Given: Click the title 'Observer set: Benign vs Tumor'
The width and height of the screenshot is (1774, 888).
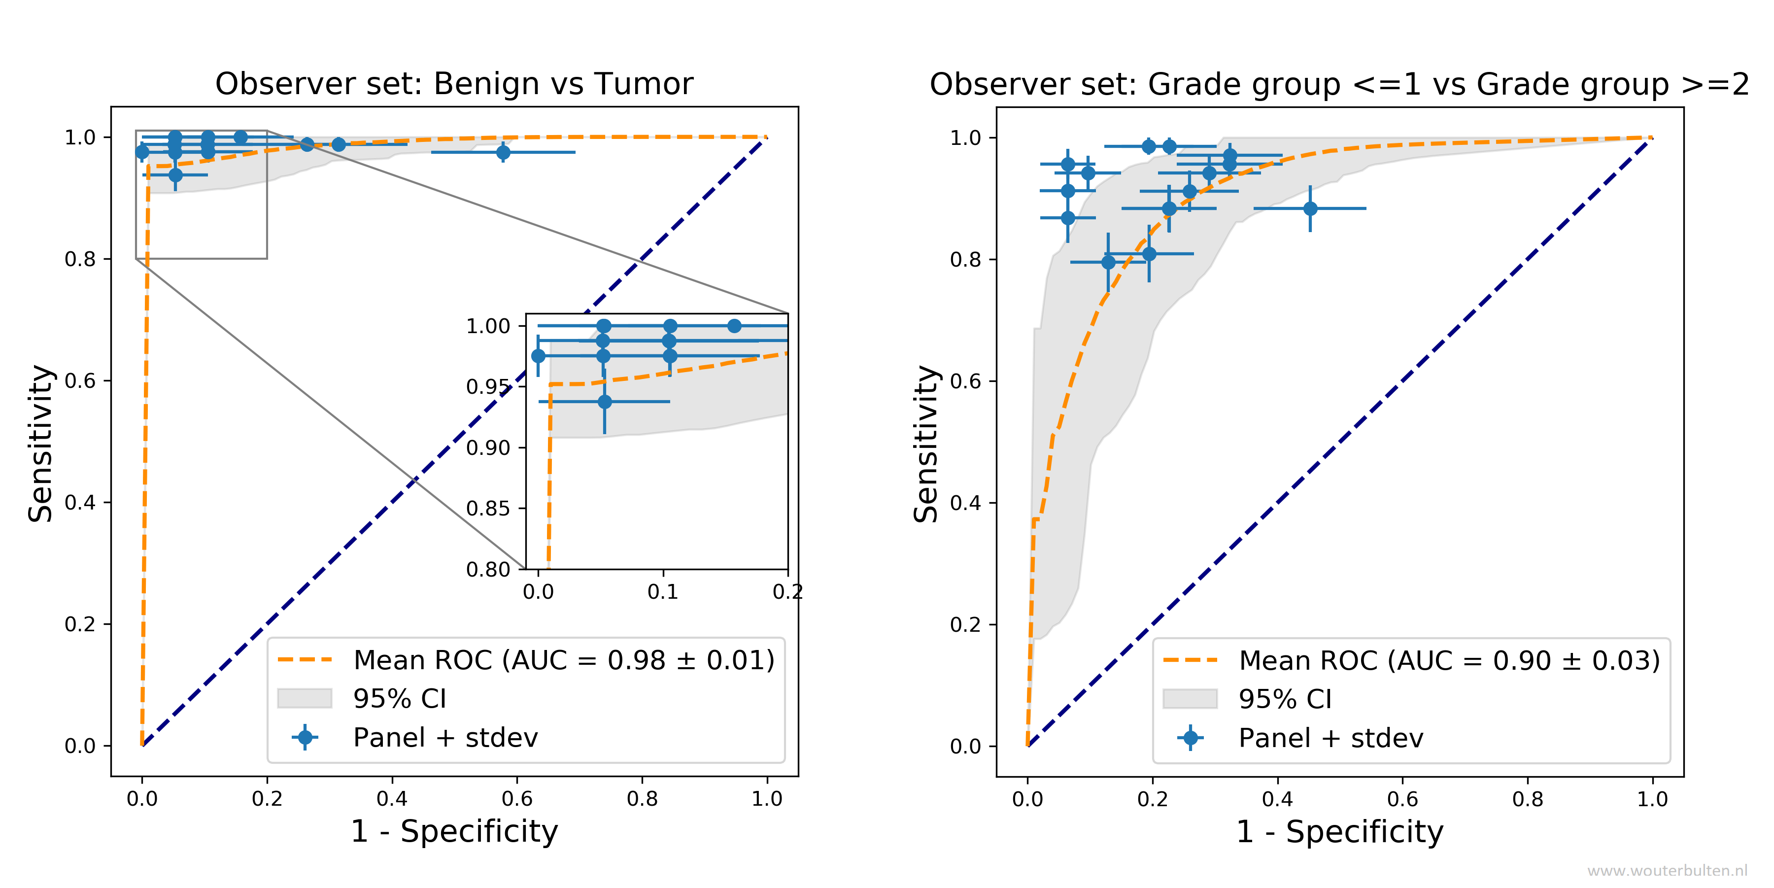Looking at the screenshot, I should tap(454, 84).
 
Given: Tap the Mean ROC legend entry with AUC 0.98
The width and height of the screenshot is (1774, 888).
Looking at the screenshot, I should tap(563, 660).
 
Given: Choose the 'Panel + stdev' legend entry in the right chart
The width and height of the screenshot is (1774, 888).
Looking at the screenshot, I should tap(1330, 738).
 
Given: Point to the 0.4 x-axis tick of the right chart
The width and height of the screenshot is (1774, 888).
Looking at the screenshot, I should tap(1277, 799).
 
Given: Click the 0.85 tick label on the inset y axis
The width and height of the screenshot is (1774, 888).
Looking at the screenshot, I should tap(488, 509).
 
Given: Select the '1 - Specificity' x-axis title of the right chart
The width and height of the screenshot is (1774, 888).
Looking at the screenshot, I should tap(1339, 831).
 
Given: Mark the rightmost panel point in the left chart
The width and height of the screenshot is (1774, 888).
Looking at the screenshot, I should tap(504, 152).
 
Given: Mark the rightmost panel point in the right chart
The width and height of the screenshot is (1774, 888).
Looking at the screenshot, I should tap(1310, 208).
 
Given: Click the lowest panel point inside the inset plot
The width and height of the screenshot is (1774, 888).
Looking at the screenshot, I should tap(605, 402).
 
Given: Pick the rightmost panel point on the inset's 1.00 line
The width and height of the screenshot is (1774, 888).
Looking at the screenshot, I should tap(734, 326).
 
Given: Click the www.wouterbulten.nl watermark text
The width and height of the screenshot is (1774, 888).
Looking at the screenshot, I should tap(1667, 871).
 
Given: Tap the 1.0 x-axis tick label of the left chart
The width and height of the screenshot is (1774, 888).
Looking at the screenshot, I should tap(766, 799).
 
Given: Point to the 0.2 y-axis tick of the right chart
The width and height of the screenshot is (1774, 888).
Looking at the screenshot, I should tap(965, 625).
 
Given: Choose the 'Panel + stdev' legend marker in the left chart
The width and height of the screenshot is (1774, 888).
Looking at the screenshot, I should tap(305, 737).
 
